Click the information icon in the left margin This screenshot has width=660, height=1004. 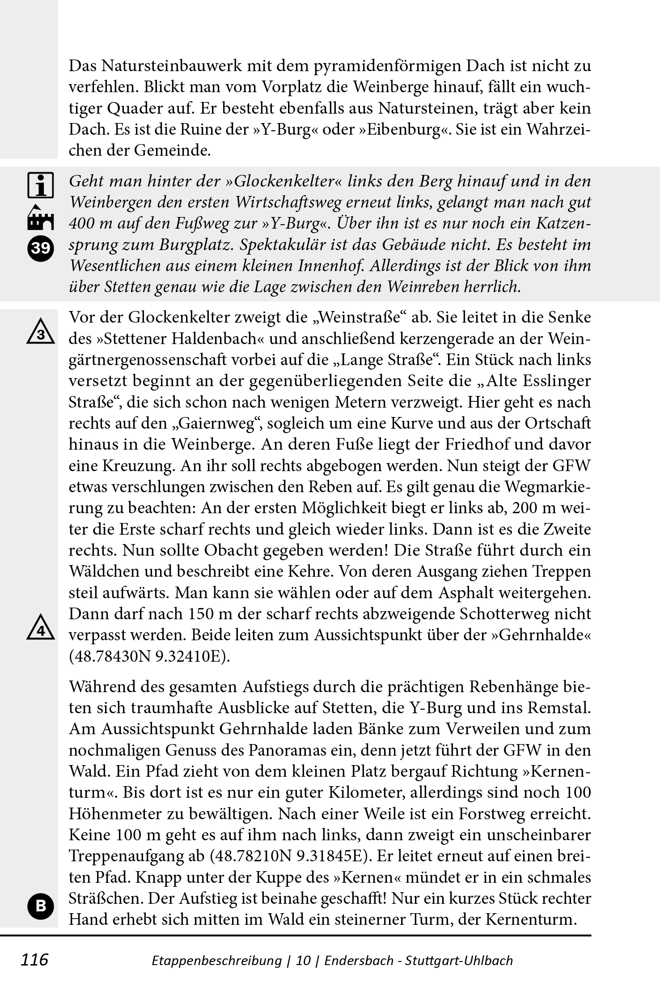pyautogui.click(x=40, y=184)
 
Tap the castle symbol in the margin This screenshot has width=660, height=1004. pyautogui.click(x=40, y=218)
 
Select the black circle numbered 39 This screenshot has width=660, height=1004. pyautogui.click(x=40, y=247)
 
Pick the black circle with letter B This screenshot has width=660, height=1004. pyautogui.click(x=40, y=906)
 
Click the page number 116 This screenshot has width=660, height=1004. pyautogui.click(x=34, y=959)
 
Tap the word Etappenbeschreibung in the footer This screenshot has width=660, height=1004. pyautogui.click(x=217, y=960)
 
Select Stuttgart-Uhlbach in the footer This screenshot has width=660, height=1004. pyautogui.click(x=459, y=960)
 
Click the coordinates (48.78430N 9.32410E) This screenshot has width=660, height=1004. pyautogui.click(x=149, y=656)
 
